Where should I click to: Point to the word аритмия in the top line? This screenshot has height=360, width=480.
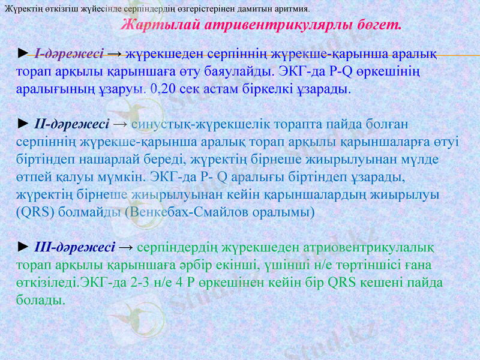tap(291, 9)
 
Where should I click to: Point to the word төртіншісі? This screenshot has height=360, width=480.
tap(374, 265)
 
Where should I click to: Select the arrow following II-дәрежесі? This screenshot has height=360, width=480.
tap(119, 124)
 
